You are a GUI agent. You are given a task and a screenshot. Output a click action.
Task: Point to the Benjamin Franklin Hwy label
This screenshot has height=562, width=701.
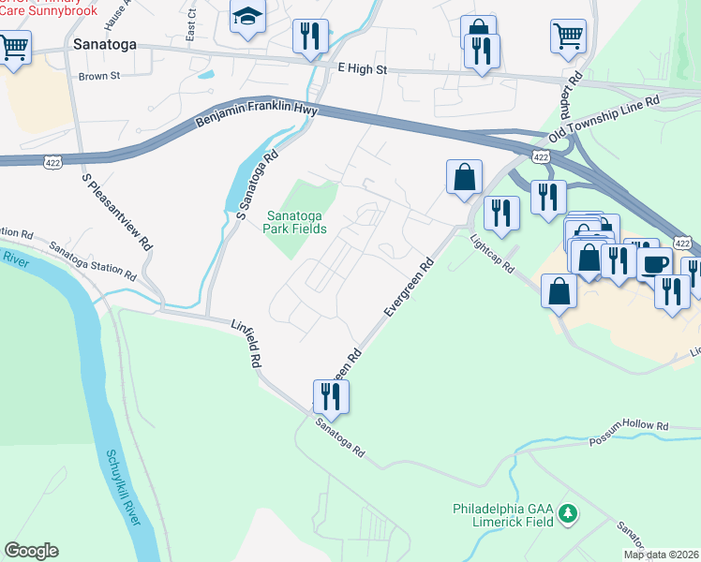pyautogui.click(x=257, y=117)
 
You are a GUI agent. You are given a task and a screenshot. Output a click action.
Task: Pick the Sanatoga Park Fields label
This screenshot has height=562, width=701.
pyautogui.click(x=297, y=221)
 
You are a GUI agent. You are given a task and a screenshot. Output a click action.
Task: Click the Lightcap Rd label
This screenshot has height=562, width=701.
pyautogui.click(x=494, y=253)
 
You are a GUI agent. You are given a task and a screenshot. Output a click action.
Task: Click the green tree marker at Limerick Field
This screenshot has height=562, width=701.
pyautogui.click(x=566, y=513)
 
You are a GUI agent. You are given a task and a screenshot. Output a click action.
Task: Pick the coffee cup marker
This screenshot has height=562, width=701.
pyautogui.click(x=654, y=261)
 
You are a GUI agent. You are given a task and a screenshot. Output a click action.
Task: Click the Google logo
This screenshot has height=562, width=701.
pyautogui.click(x=31, y=551)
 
